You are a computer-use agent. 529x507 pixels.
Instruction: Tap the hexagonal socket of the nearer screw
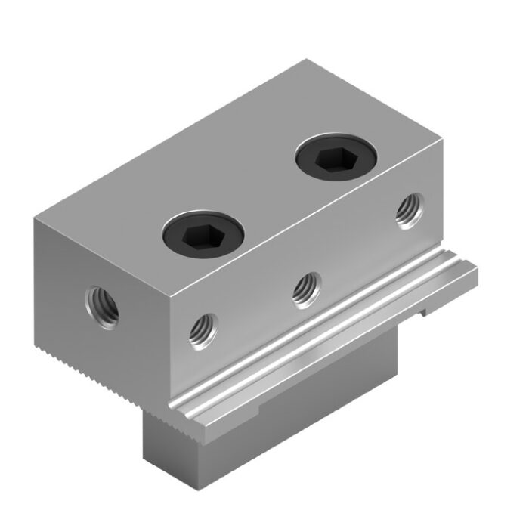(x=202, y=233)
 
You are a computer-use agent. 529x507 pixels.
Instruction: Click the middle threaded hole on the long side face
(x=305, y=286)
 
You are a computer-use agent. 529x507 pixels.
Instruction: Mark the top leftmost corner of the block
(x=35, y=217)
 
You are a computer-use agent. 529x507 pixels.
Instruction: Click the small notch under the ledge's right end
(x=425, y=309)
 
